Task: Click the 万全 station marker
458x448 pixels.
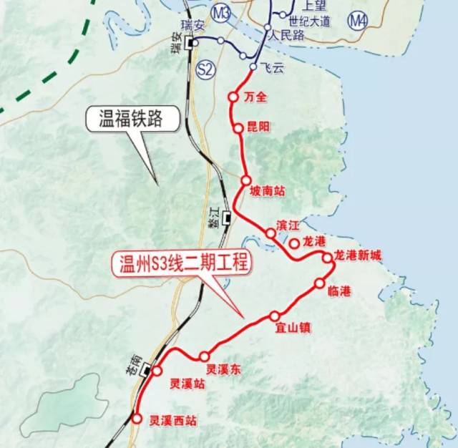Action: click(233, 97)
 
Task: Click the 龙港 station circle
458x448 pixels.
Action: click(294, 243)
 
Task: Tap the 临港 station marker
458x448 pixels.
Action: click(319, 283)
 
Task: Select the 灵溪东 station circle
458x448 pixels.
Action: click(204, 356)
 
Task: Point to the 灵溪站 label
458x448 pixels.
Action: click(187, 384)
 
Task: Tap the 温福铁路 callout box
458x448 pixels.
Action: click(133, 119)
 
